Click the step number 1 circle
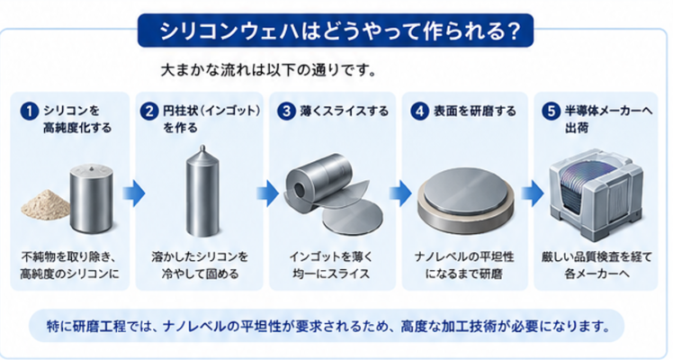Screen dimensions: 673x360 tap(30, 111)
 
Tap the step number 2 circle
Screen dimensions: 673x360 tap(149, 111)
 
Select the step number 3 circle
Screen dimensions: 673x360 tap(286, 111)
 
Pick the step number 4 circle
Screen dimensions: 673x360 tap(420, 111)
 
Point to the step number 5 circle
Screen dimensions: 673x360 tap(552, 111)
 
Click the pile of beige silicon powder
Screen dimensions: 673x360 tap(46, 204)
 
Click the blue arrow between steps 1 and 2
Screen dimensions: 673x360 tap(133, 193)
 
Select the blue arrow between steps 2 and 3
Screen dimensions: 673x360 tap(268, 193)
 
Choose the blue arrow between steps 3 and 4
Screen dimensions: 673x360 tap(400, 193)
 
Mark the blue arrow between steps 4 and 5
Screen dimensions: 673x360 tap(533, 193)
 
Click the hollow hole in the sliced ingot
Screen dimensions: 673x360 tap(299, 190)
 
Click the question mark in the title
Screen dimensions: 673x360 tap(513, 31)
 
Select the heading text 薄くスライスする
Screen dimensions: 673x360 tap(345, 111)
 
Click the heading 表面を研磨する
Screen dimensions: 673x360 tap(475, 111)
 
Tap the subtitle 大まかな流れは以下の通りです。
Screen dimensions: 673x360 tap(268, 70)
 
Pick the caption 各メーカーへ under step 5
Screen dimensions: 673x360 tap(597, 274)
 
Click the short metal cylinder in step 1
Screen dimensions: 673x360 tap(92, 197)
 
